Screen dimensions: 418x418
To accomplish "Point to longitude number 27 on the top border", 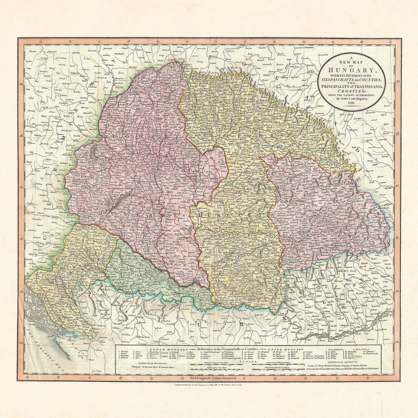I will click(390, 42).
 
